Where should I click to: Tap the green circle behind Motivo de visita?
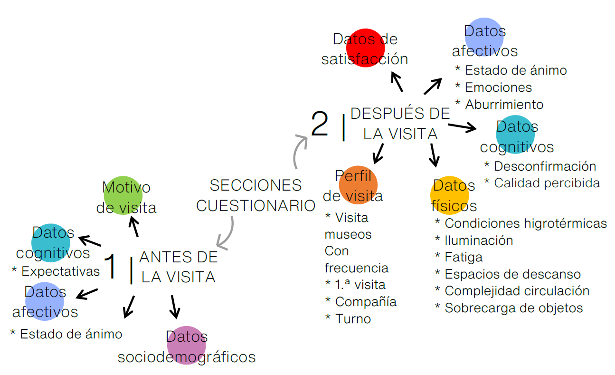coord(123,195)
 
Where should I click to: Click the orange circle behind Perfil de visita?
coord(359,185)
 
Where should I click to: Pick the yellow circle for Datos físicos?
coord(449,195)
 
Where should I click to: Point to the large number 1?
coord(111,267)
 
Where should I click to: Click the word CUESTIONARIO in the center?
coord(256,206)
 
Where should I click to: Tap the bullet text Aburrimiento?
coord(504,104)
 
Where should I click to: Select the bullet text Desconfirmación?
coord(545,166)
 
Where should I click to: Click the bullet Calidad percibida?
coord(547,183)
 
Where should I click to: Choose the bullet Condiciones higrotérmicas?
coord(526,223)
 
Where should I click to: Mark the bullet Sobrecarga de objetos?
coord(513,308)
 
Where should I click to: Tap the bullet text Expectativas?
coord(60,271)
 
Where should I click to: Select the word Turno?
coord(353,318)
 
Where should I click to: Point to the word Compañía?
coord(366,301)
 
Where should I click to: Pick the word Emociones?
coord(498,87)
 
